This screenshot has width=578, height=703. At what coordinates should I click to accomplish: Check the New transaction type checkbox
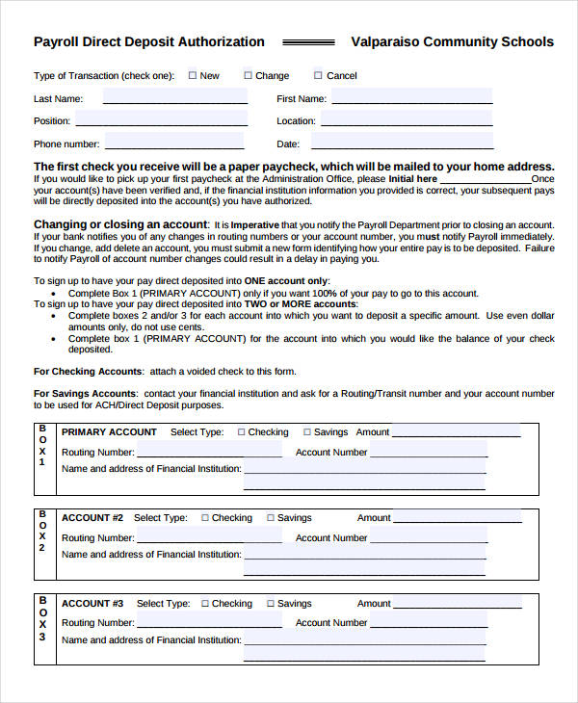(193, 75)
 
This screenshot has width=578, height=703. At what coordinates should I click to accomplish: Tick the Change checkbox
(248, 75)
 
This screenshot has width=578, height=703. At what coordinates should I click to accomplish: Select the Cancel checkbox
(319, 75)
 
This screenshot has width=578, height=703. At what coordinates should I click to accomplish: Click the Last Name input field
(174, 97)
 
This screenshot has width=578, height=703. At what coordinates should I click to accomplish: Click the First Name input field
(412, 97)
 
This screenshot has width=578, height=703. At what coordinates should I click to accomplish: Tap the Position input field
(161, 120)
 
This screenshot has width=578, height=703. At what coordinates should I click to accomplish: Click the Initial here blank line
(486, 179)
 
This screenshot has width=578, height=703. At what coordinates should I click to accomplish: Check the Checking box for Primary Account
(242, 432)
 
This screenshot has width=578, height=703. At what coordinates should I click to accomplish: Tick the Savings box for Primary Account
(307, 432)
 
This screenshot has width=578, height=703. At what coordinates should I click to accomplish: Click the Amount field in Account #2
(459, 517)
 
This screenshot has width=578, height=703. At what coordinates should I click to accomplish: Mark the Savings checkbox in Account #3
(271, 604)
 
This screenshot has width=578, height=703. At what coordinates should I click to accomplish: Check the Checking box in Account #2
(205, 518)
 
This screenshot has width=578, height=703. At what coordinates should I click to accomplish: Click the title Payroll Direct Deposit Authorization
(149, 41)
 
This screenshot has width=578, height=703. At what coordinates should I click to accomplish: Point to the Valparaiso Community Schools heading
(452, 41)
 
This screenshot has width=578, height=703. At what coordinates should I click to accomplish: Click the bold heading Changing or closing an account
(120, 224)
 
